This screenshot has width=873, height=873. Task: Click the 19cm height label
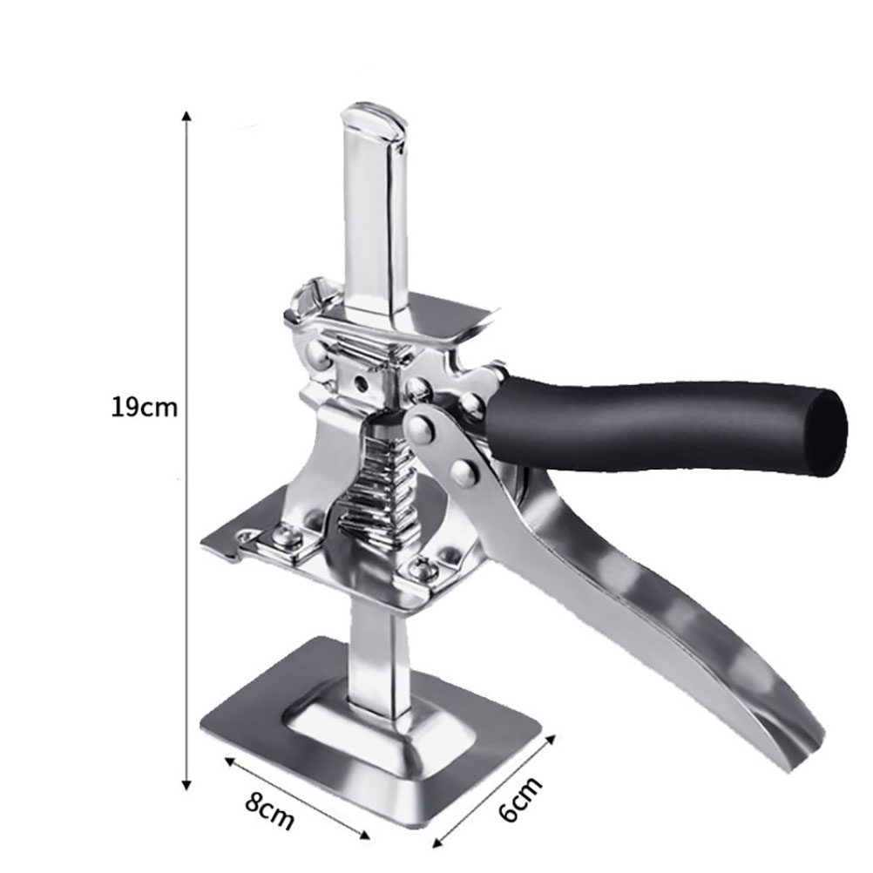pyautogui.click(x=145, y=407)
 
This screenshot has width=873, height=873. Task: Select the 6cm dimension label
pyautogui.click(x=520, y=800)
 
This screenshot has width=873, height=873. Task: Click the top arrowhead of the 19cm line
pyautogui.click(x=187, y=116)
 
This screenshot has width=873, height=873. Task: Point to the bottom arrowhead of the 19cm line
pyautogui.click(x=187, y=784)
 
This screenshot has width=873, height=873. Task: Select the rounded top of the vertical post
pyautogui.click(x=372, y=118)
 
